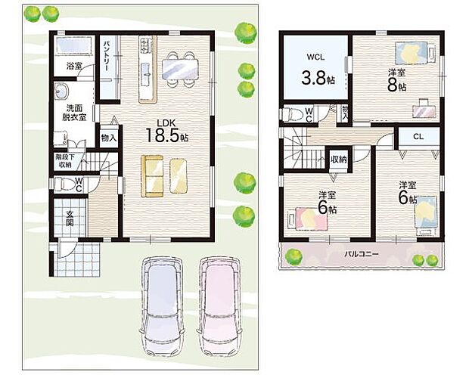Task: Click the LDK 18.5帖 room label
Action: coord(167,131)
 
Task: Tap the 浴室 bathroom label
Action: coord(74,67)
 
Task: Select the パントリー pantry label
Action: coord(107,56)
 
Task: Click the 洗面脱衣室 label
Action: coord(74,113)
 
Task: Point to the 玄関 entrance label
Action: coord(70,218)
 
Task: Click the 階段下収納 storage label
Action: coord(65,161)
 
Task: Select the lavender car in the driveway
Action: coord(162,306)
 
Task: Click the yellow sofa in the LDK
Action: coord(152,176)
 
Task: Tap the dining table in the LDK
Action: coord(180,69)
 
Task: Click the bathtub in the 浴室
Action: coord(73,46)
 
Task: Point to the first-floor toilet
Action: coord(63,183)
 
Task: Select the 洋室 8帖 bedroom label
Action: coord(396,80)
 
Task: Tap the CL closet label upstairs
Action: coord(418,137)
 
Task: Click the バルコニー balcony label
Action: coord(362,255)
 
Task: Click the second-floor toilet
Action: coord(292,114)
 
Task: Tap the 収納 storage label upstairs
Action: coord(338,160)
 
